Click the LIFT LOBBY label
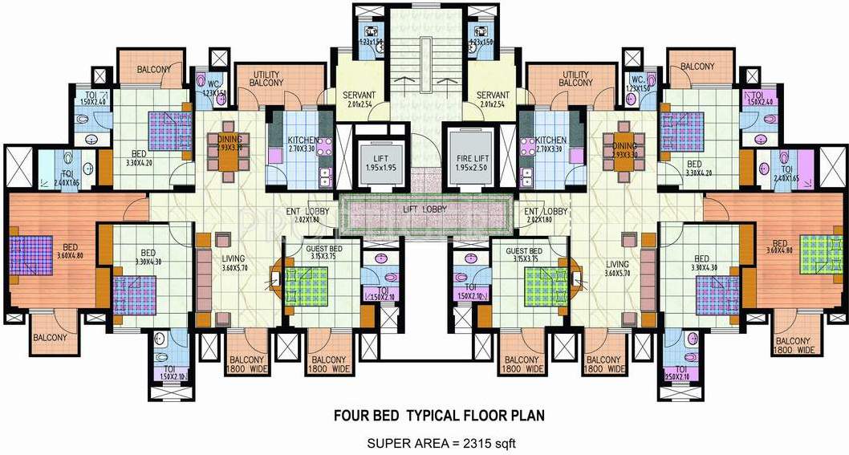[x=424, y=209]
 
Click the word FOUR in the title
[x=346, y=416]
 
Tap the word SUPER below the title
[x=388, y=443]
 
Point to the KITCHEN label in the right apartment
[x=551, y=140]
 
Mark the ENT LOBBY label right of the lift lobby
[x=545, y=211]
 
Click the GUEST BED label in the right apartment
[x=526, y=251]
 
